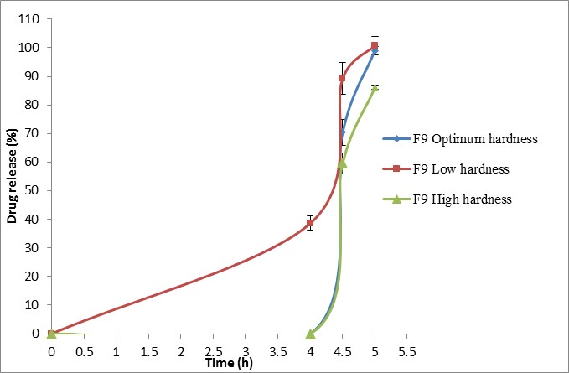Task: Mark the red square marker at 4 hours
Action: [310, 223]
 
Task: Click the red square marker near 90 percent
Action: [342, 78]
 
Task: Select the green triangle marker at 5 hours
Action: [375, 87]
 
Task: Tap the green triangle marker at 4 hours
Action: [310, 334]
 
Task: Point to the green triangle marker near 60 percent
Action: [342, 163]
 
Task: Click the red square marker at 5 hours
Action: [375, 45]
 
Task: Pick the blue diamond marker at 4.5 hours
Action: [342, 132]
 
